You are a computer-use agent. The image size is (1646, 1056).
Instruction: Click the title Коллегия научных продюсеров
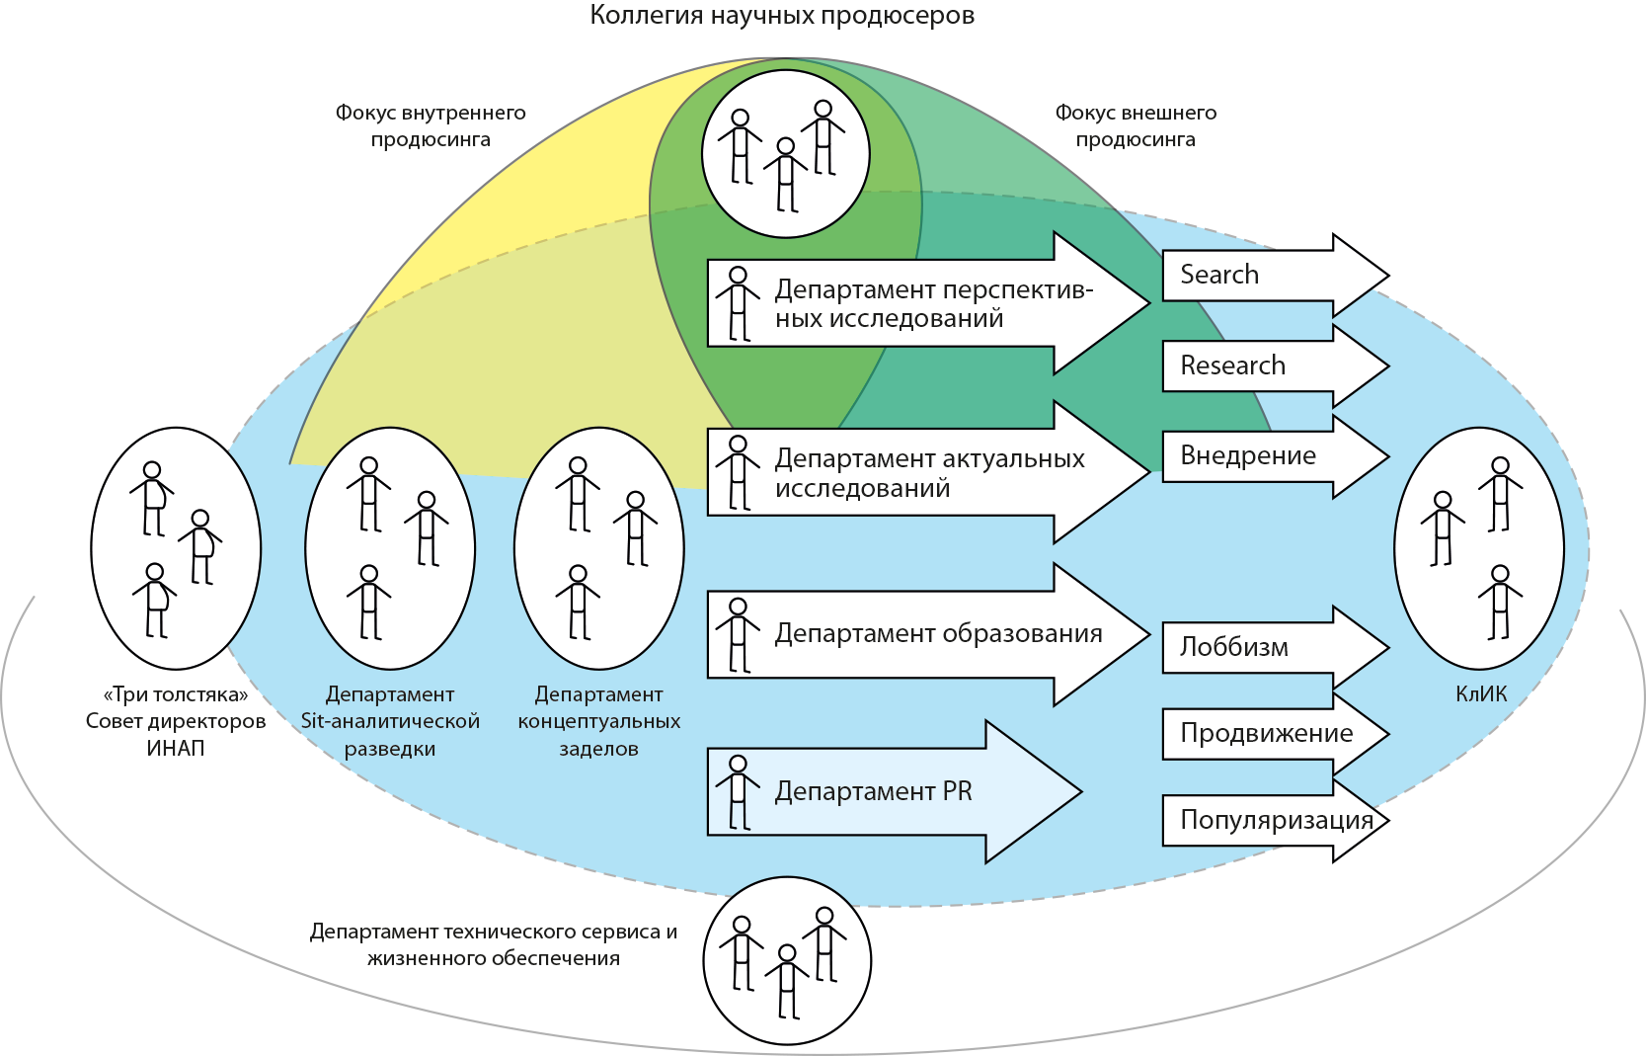pos(782,16)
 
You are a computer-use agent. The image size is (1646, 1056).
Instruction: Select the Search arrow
pos(1254,275)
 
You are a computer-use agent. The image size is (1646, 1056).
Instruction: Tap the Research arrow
pos(1254,366)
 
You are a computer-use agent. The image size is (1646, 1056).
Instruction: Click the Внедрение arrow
pos(1254,456)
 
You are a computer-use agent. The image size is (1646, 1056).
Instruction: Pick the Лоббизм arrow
pos(1254,647)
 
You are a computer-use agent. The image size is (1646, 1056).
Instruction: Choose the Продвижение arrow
pos(1264,733)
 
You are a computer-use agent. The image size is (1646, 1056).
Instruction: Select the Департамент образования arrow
pos(918,633)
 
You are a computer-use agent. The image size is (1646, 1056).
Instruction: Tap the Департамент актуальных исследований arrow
pos(918,472)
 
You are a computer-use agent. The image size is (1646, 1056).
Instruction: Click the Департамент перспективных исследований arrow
pos(918,303)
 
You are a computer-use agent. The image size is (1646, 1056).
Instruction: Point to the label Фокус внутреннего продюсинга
pos(431,125)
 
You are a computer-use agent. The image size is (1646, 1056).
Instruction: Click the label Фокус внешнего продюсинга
pos(1136,125)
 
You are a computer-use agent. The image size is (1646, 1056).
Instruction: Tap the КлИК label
pos(1481,694)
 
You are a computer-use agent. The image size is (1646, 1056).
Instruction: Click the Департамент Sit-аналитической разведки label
pos(390,721)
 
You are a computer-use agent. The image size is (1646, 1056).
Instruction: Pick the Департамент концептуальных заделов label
pos(599,721)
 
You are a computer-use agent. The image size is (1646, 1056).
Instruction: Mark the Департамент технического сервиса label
pos(494,944)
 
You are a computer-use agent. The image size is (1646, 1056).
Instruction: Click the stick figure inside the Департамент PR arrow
pos(738,792)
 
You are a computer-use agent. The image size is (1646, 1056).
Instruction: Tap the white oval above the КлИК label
pos(1479,548)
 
